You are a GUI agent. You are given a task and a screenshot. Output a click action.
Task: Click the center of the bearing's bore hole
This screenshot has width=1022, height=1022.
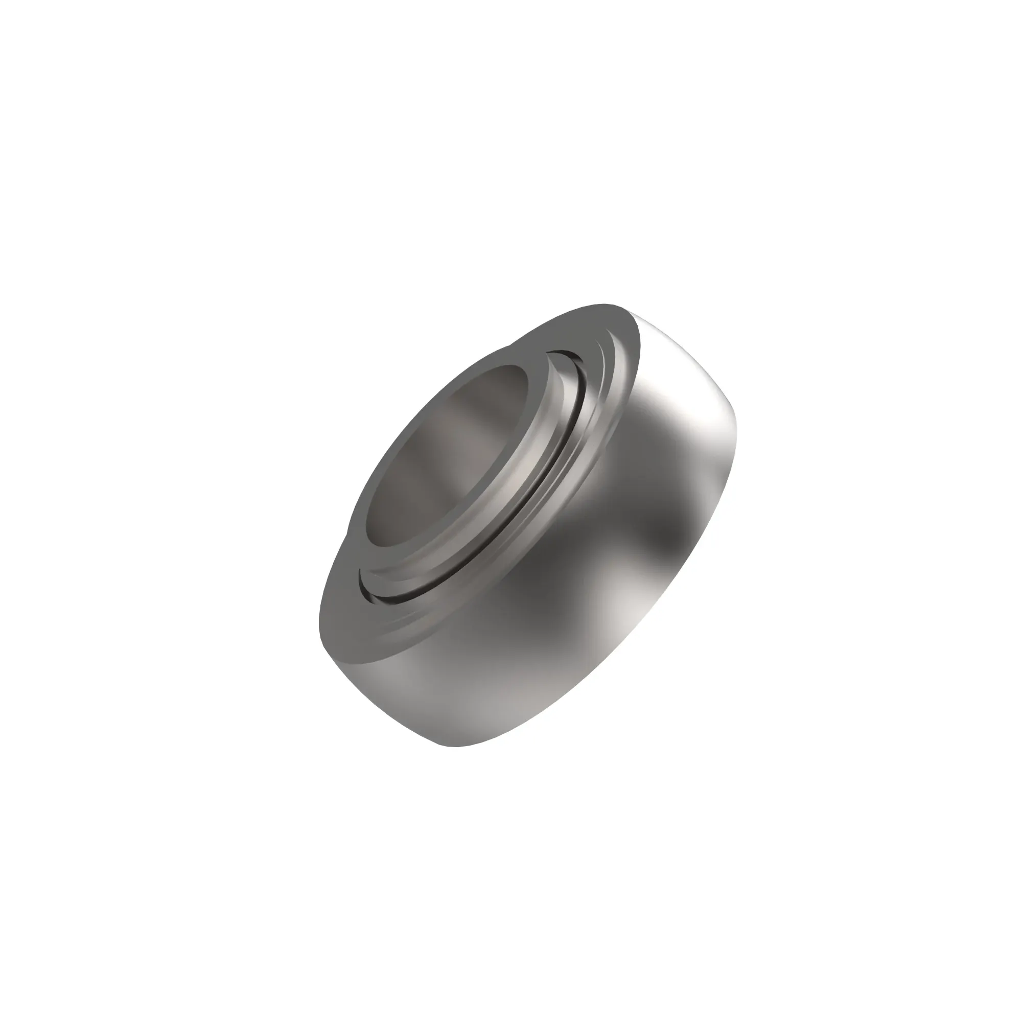(x=447, y=455)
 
